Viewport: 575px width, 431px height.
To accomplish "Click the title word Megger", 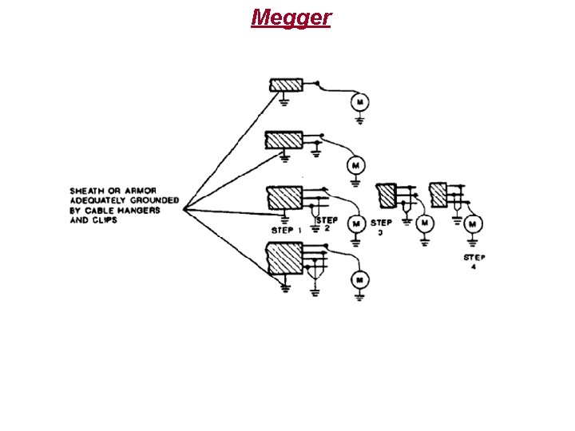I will coord(291,17).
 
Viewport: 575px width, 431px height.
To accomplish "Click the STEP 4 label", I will coord(474,262).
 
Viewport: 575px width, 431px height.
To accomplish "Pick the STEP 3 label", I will coord(381,227).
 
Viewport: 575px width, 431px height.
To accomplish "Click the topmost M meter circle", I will coord(359,101).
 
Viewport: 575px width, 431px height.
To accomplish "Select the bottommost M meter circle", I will coord(359,279).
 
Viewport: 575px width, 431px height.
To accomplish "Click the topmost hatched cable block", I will coord(283,85).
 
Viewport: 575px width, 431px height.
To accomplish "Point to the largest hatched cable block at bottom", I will coord(284,259).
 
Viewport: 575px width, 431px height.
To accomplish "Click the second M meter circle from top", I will coord(353,165).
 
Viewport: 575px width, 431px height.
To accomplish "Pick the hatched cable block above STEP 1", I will coord(283,197).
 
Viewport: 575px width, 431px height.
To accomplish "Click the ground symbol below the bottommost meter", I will coord(359,298).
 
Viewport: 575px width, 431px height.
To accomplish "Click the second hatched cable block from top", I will coord(283,140).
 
